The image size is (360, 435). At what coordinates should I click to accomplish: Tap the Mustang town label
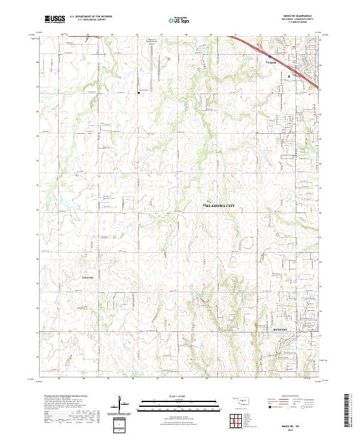(x=280, y=330)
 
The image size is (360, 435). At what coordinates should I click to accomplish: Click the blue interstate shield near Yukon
(x=269, y=57)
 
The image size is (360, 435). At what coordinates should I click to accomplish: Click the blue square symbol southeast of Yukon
(x=289, y=76)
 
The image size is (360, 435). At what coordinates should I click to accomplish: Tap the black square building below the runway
(x=137, y=91)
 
